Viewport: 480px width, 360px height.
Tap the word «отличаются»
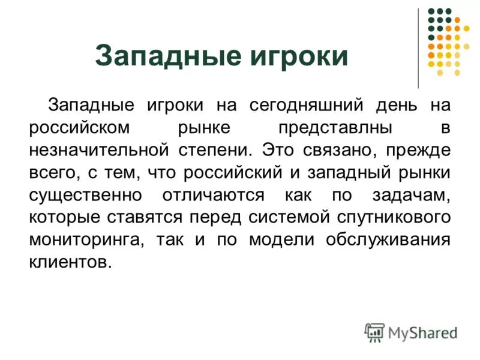(212, 196)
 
